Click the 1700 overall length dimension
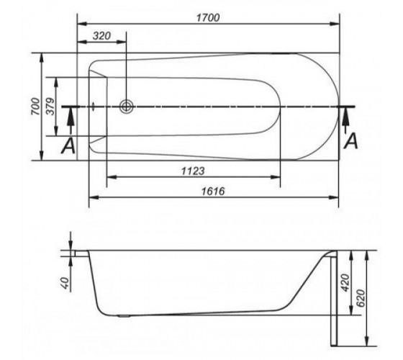208,18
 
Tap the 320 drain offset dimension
101,36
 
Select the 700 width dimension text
36,107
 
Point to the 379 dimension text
50,107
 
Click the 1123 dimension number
193,171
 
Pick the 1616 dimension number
213,192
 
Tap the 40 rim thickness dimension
65,283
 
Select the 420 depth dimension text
345,283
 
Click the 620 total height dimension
361,298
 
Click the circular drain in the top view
127,107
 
